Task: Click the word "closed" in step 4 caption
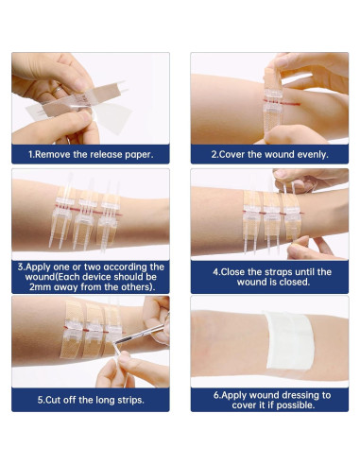(x=295, y=282)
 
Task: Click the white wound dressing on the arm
(x=289, y=340)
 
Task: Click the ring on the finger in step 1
(x=57, y=91)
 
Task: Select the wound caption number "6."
(x=217, y=395)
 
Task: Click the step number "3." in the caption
(x=21, y=267)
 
